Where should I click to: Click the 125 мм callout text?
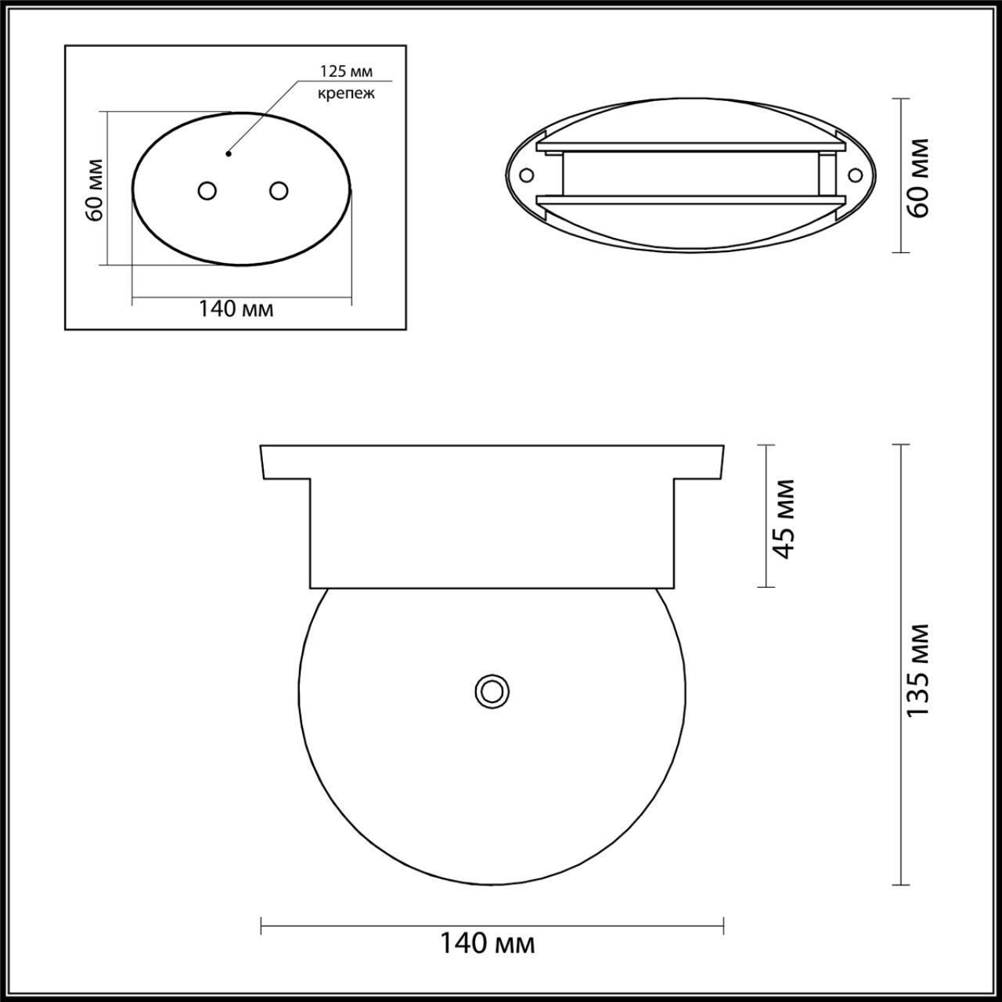coord(344,71)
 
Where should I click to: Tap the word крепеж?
coord(346,94)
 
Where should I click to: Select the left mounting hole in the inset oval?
coord(207,190)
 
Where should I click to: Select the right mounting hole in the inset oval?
coord(278,190)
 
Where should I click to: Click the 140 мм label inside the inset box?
coord(236,308)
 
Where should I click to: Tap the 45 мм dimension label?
coord(784,517)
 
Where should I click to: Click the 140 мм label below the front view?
coord(486,943)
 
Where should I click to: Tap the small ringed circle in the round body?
coord(492,690)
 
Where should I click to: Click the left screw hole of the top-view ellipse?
coord(526,174)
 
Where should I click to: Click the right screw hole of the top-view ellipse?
coord(855,174)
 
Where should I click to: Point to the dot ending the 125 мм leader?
coord(228,153)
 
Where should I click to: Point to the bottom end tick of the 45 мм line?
coord(766,587)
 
